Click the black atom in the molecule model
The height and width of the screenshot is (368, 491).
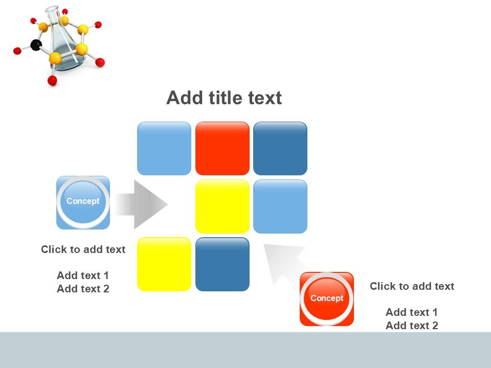(x=36, y=45)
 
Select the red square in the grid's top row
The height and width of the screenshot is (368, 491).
(x=222, y=148)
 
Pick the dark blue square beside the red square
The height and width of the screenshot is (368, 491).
(x=280, y=148)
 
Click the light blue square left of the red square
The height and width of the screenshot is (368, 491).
(x=164, y=148)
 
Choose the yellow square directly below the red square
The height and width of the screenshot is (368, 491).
(x=222, y=206)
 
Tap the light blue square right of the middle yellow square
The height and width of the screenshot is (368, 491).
(x=280, y=206)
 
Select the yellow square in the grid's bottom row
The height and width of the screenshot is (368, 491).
(x=164, y=264)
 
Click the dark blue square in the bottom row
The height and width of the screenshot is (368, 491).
(x=222, y=264)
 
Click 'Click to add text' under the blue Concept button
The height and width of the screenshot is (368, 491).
(x=83, y=249)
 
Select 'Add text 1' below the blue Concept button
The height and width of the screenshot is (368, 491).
(x=83, y=275)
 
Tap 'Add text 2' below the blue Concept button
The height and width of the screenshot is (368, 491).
(x=83, y=289)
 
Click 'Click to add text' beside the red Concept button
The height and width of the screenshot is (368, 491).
(x=412, y=286)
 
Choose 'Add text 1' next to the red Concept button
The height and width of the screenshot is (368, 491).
(x=412, y=312)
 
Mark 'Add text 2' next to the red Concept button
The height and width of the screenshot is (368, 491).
(x=412, y=326)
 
